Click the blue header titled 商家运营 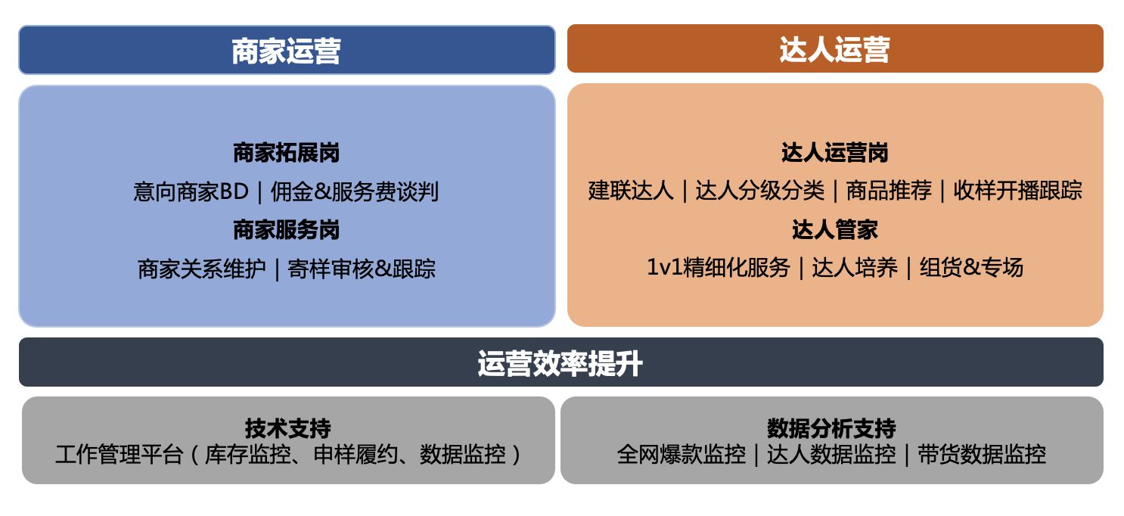287,50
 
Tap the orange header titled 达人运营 835,48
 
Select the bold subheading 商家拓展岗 287,153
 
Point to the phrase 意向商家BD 191,191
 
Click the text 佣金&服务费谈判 354,191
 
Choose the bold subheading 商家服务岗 287,230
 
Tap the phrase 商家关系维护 202,269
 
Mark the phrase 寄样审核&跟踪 362,269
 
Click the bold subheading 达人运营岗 835,153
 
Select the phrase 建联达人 631,191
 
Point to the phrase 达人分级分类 759,191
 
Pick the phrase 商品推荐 889,191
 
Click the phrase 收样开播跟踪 1017,191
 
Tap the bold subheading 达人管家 835,230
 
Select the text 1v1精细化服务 719,268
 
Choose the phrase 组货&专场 971,268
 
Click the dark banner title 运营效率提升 560,363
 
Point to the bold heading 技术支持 288,429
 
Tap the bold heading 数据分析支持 831,429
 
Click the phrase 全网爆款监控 681,455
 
